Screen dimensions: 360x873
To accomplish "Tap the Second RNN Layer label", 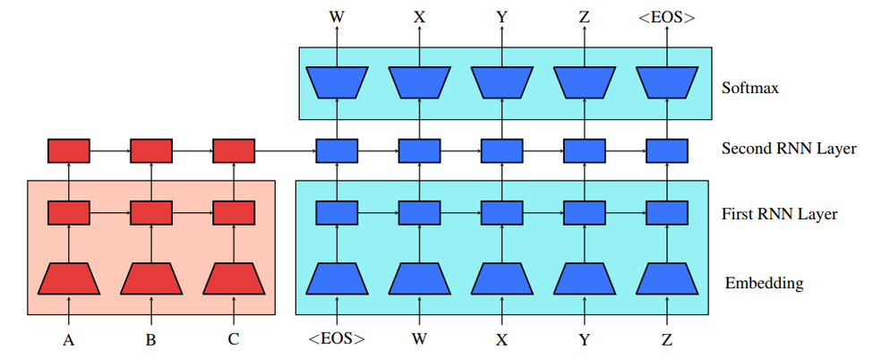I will tap(789, 149).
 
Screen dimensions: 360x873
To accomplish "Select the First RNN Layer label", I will tap(780, 214).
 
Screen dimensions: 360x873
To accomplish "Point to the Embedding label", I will tap(764, 283).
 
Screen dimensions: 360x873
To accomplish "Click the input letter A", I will tap(69, 341).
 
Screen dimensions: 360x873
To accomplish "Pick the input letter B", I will tap(151, 341).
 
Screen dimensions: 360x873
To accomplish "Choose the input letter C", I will tap(234, 341).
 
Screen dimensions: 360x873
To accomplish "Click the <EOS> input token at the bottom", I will tap(337, 341).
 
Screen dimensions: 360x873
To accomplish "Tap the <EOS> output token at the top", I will tap(667, 15).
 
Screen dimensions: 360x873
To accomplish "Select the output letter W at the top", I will tap(337, 15).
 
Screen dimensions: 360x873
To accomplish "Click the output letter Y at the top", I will tap(501, 15).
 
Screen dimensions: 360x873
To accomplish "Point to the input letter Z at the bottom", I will tap(667, 341).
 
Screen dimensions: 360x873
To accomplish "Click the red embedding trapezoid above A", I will tap(69, 279).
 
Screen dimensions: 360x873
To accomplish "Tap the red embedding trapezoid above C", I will tap(234, 279).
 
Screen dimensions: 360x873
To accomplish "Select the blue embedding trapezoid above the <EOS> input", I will tap(337, 279).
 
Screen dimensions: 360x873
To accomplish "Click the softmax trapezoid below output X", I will tap(419, 82).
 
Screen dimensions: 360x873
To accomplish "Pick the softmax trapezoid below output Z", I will tap(584, 82).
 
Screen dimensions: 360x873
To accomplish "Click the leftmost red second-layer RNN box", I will tap(69, 150).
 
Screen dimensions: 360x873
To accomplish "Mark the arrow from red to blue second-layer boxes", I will tap(285, 150).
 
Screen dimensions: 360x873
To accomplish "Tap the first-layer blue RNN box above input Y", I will tap(584, 213).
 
